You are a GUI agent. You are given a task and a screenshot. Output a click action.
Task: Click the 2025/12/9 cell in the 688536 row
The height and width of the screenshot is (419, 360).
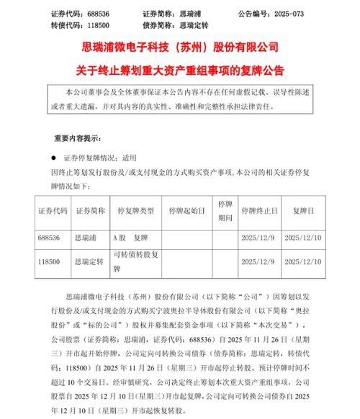tap(258, 235)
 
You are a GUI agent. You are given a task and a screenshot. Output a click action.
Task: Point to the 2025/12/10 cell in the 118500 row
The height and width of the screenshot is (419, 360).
tap(305, 260)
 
